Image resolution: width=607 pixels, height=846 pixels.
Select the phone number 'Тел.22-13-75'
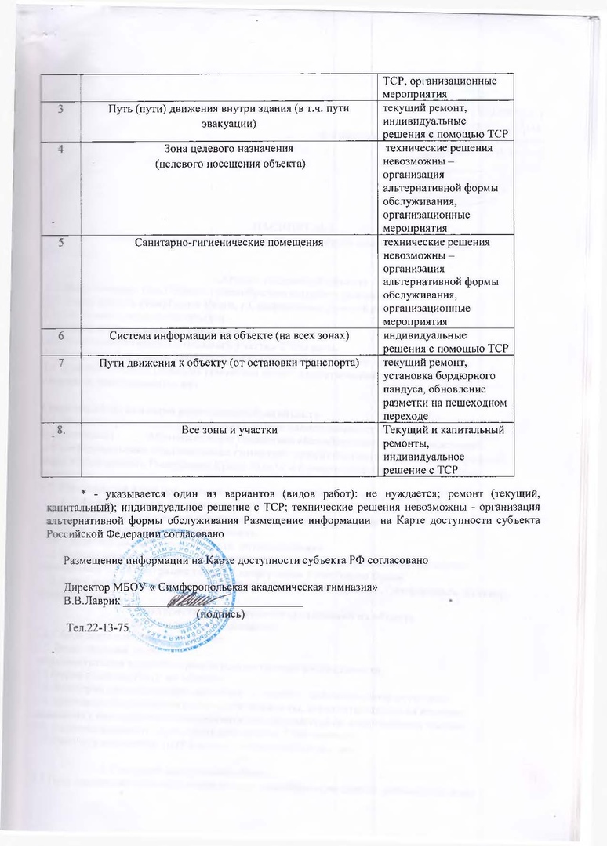(x=99, y=628)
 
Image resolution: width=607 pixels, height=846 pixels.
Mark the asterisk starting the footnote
(x=82, y=490)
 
